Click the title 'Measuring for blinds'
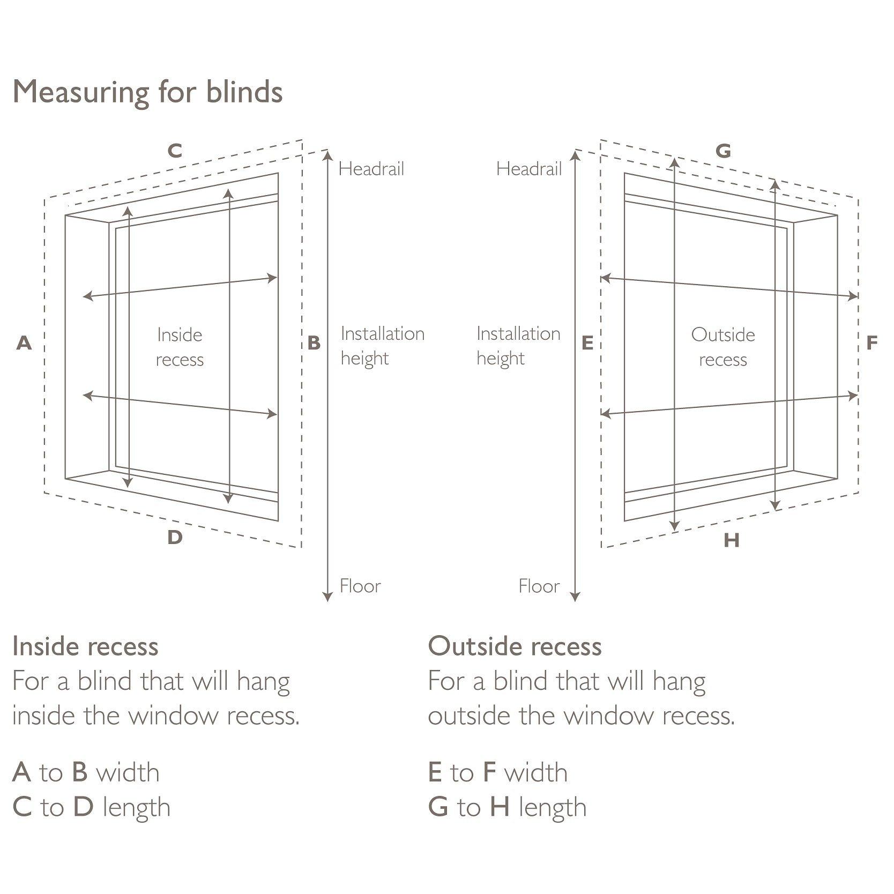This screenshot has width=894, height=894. [147, 92]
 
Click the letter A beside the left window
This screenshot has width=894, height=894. [24, 343]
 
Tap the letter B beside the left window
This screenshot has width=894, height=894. [314, 343]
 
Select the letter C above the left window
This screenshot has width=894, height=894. [175, 152]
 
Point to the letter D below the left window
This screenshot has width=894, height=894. [175, 538]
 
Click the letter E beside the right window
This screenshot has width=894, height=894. [587, 343]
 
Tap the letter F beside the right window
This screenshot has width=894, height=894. [872, 343]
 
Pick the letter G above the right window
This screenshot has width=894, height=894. [723, 152]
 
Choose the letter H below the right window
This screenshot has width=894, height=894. [731, 540]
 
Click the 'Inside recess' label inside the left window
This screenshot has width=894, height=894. [180, 347]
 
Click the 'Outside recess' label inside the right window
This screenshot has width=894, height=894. [723, 347]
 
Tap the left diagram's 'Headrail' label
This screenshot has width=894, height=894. [371, 169]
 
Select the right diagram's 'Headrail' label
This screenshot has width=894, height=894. [528, 169]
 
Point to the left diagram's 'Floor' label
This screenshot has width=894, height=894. [360, 586]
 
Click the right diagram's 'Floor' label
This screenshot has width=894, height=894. [539, 586]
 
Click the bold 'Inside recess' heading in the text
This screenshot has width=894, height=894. [85, 646]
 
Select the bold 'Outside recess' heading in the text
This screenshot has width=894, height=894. [515, 646]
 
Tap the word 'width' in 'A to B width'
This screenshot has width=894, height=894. [128, 773]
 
